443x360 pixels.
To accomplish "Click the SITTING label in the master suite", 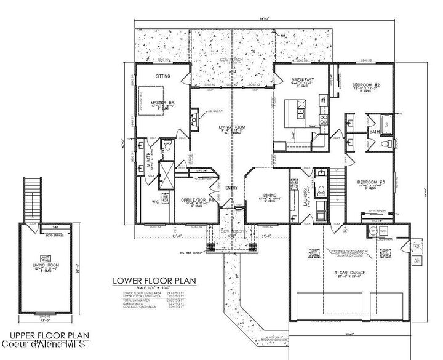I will pyautogui.click(x=162, y=76).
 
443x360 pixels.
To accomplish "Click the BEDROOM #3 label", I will pyautogui.click(x=371, y=182).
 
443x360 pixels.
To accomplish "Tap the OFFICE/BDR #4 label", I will pyautogui.click(x=193, y=200).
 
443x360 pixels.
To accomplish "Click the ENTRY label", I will pyautogui.click(x=232, y=188).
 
